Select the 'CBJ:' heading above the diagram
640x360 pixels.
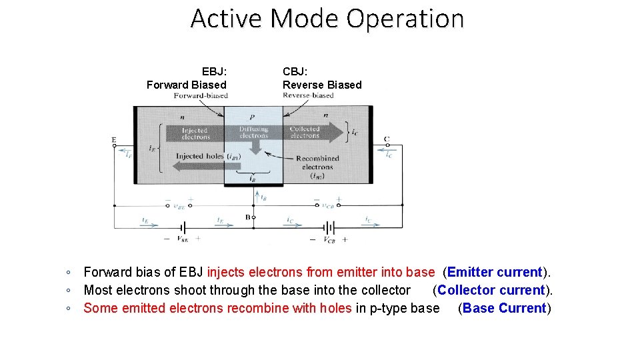coord(295,71)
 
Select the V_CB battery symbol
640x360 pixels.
coord(329,226)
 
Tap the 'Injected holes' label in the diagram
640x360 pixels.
coord(200,157)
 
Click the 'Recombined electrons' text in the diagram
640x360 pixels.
coord(317,163)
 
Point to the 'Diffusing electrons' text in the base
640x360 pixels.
coord(253,132)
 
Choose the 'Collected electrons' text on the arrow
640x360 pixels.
coord(305,132)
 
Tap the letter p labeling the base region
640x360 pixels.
coord(252,116)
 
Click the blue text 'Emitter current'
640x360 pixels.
coord(495,272)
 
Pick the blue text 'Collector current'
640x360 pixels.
coord(491,290)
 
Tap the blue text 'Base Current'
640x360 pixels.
coord(504,308)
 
